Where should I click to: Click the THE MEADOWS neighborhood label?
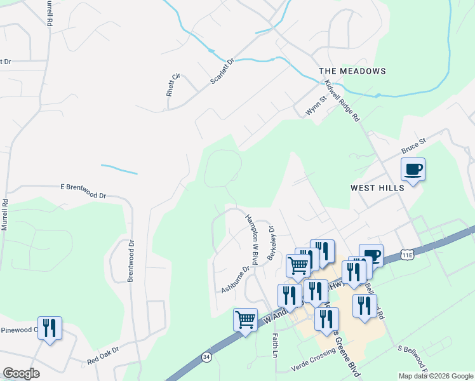352,71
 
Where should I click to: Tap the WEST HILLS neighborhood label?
377,189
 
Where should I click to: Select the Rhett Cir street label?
172,84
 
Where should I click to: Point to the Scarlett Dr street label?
222,71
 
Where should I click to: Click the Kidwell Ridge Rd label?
342,101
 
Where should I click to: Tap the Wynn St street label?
315,105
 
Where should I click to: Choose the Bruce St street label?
413,147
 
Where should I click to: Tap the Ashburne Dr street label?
236,279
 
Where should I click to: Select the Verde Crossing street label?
313,360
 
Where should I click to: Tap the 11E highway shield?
408,255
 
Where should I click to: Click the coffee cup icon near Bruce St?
413,170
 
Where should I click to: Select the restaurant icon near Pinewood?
50,328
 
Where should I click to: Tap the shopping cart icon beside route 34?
245,319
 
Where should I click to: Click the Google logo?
21,373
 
